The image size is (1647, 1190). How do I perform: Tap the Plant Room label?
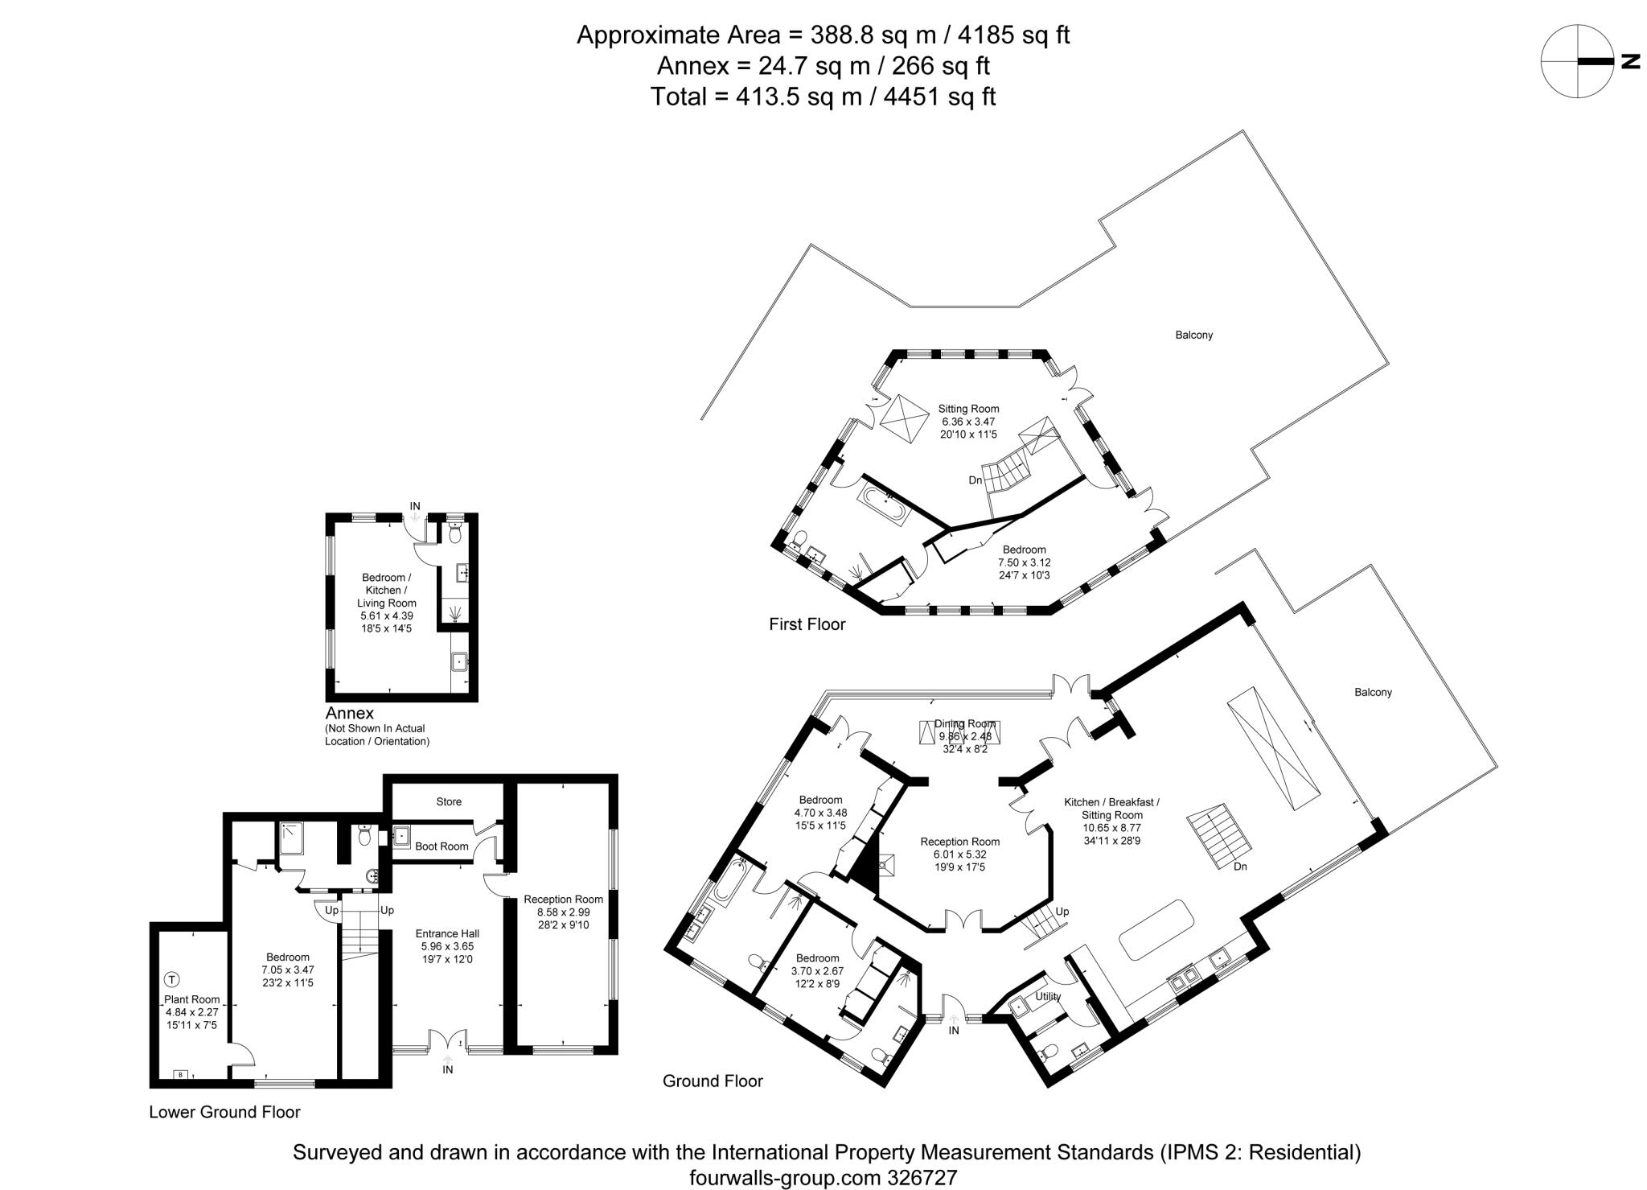(191, 999)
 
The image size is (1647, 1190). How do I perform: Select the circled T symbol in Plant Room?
(171, 980)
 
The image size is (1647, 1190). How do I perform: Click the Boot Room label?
(442, 846)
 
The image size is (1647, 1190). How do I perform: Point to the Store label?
(449, 801)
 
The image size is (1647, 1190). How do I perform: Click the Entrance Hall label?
(447, 933)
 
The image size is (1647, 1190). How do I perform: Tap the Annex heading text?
(350, 713)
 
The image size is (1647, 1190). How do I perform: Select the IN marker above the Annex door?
(415, 506)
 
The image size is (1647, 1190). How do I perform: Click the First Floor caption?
(807, 624)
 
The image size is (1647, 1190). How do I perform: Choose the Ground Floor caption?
(712, 1081)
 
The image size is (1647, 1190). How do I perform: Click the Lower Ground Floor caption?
(224, 1112)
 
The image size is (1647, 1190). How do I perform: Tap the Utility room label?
(1048, 996)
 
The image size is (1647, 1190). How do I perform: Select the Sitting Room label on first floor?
(969, 409)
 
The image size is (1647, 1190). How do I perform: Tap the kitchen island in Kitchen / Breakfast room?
(1155, 929)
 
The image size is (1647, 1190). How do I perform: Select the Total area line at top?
(823, 97)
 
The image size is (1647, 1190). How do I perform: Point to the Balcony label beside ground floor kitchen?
(1373, 692)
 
